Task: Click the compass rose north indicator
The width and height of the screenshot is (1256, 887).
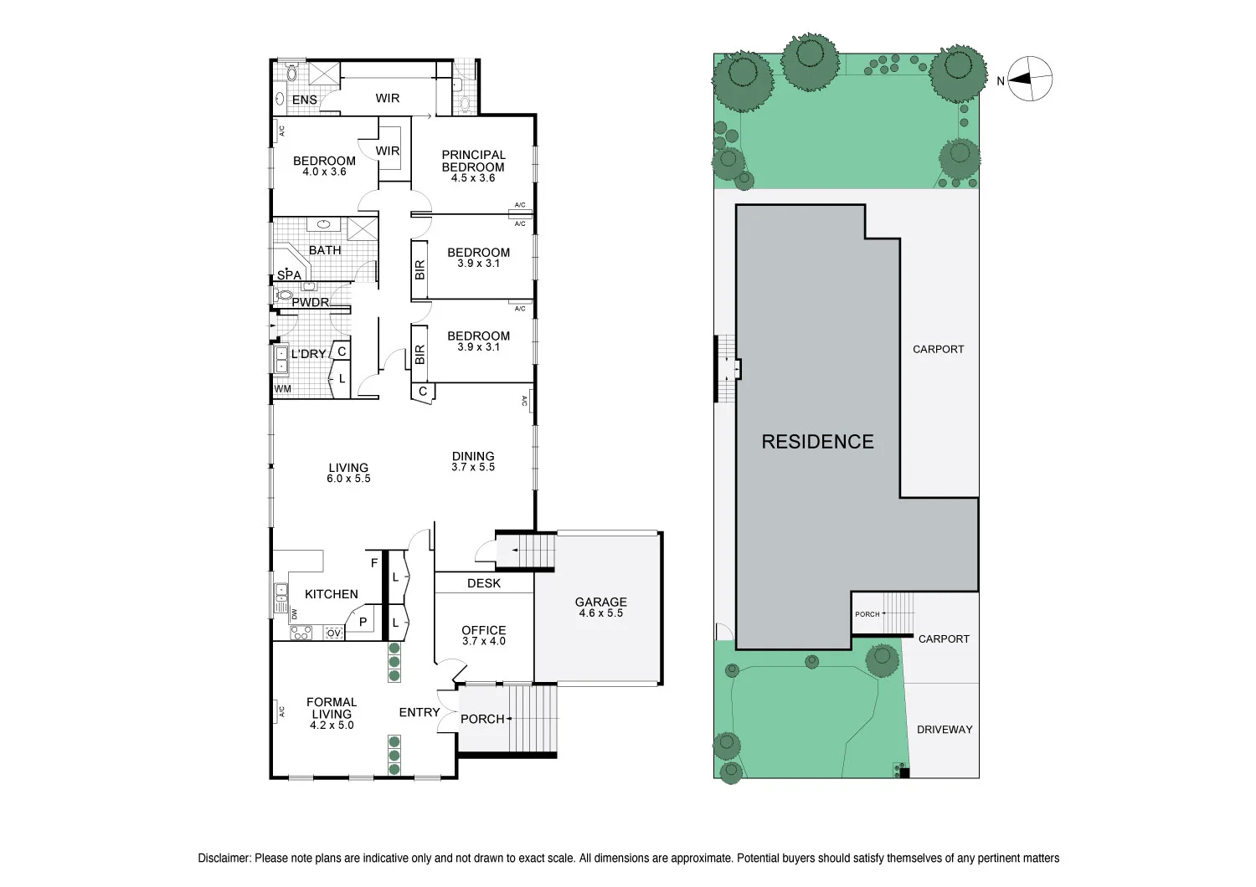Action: click(x=1030, y=79)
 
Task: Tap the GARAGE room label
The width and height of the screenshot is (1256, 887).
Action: click(x=600, y=602)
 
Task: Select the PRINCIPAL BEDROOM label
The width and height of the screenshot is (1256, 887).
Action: click(x=473, y=161)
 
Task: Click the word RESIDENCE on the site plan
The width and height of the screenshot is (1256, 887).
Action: click(x=817, y=442)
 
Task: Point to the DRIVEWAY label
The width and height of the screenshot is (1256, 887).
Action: click(x=945, y=730)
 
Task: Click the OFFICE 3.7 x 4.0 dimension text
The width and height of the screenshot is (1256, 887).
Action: click(x=484, y=641)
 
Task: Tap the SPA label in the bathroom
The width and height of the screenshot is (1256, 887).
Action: click(x=289, y=275)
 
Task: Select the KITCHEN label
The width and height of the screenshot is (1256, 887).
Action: click(x=331, y=594)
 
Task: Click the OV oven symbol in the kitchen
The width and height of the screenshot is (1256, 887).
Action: click(x=334, y=633)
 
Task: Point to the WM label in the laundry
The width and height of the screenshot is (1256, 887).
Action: click(x=283, y=389)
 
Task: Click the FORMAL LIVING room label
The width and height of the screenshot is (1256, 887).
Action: click(x=332, y=708)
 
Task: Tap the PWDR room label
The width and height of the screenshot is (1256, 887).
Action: click(x=310, y=303)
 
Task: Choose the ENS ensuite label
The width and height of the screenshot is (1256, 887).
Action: click(x=305, y=100)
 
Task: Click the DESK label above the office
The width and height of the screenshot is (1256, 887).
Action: click(x=484, y=583)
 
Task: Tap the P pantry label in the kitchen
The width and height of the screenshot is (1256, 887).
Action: click(x=363, y=622)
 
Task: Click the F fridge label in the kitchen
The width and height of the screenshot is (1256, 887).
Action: click(x=374, y=563)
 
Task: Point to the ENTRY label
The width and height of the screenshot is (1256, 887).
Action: click(x=420, y=712)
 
